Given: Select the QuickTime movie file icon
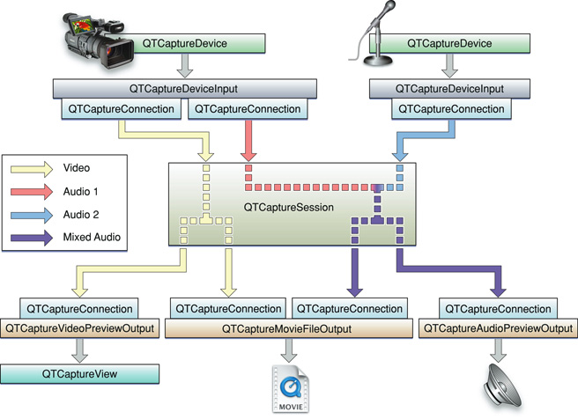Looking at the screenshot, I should pyautogui.click(x=290, y=389).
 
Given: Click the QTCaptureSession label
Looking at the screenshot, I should pyautogui.click(x=290, y=207).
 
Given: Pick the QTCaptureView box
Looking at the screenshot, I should pyautogui.click(x=79, y=374).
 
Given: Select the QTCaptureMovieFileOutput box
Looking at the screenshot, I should pyautogui.click(x=290, y=329).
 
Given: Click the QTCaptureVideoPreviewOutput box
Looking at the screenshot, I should pyautogui.click(x=79, y=328).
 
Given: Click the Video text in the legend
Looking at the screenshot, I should pyautogui.click(x=77, y=167).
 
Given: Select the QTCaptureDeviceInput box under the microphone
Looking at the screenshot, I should pyautogui.click(x=438, y=89).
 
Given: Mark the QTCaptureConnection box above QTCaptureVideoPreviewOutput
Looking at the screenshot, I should pyautogui.click(x=80, y=309).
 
